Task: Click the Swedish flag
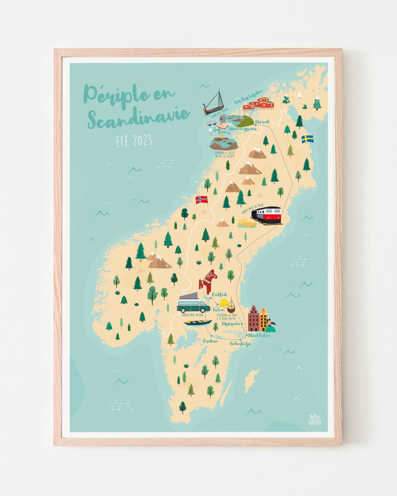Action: pos(307,139)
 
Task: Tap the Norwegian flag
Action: pos(201,200)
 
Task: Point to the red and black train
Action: pos(267,215)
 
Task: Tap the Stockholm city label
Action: pos(259,335)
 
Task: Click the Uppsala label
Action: pos(231,324)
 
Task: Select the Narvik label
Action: pos(263,122)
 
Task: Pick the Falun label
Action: pos(219,310)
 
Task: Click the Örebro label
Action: pos(210,341)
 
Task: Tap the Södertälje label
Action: pos(240,344)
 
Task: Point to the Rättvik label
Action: pos(219,294)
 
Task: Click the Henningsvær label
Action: pos(242,130)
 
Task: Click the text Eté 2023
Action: pos(134,141)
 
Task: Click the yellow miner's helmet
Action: pos(224,303)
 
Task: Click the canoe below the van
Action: pos(197,322)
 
